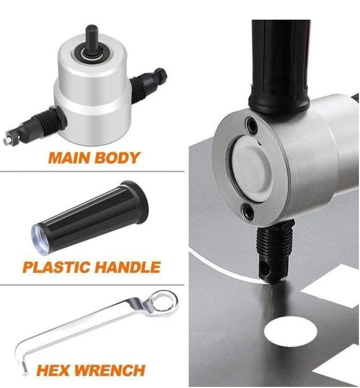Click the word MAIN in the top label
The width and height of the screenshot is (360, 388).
(x=69, y=158)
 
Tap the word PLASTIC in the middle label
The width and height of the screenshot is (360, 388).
(x=57, y=267)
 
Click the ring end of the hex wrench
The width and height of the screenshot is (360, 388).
(x=161, y=301)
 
